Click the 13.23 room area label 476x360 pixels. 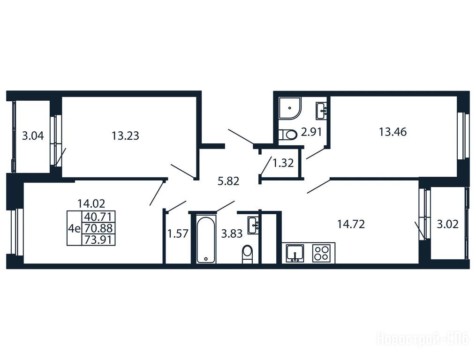125,135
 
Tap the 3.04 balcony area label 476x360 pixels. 33,135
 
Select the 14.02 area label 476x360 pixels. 91,203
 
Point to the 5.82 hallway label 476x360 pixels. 228,181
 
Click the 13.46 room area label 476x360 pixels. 393,132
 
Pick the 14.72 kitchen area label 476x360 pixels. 351,225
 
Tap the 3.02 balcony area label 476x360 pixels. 447,225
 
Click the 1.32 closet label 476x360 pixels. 283,163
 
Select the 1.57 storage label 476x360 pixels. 178,234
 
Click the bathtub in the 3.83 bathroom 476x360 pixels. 206,240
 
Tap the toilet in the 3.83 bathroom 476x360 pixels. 248,255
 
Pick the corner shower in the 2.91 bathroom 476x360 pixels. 290,108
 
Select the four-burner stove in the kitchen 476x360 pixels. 322,253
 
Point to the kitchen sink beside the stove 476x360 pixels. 295,253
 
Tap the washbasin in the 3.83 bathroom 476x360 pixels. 253,225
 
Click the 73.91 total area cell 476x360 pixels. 99,240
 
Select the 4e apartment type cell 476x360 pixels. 75,228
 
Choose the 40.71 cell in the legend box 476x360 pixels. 99,217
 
